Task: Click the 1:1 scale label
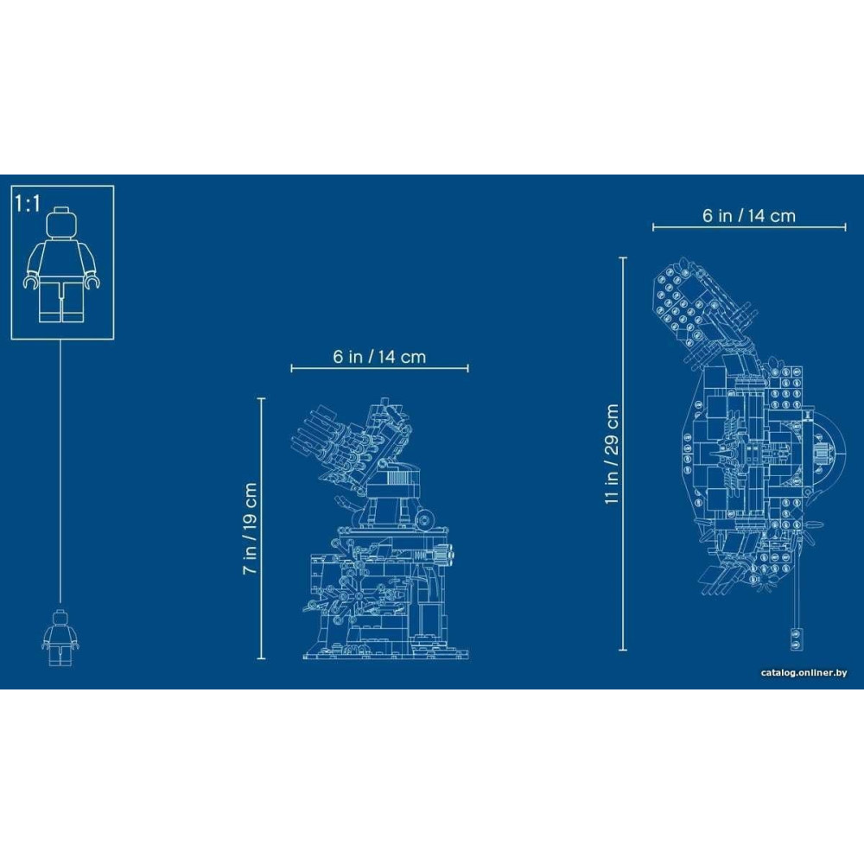coord(28,203)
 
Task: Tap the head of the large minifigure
coord(61,223)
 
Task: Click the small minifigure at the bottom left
coord(60,637)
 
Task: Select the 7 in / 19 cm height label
coord(251,529)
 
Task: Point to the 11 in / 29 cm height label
coord(612,454)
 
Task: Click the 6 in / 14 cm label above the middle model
coord(379,357)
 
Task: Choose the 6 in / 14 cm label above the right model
coord(749,215)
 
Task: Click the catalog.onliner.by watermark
coord(804,673)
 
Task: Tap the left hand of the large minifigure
coord(31,282)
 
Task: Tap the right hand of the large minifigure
coord(92,282)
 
